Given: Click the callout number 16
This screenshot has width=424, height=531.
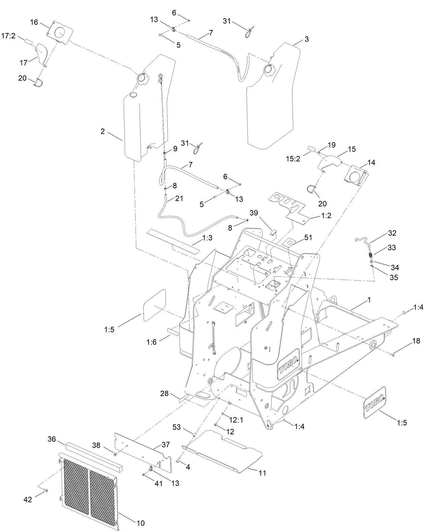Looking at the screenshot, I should coord(34,22).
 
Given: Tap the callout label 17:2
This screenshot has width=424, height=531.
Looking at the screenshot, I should coord(8,36).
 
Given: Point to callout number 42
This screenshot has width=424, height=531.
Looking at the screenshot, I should coord(28,499).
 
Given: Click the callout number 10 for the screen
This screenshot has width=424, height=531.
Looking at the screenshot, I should coord(141,523).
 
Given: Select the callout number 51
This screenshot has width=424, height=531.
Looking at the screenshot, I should coord(308,238).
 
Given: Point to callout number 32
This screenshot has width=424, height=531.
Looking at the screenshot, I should coord(392,233).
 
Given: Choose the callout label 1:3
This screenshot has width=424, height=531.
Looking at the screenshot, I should coord(208,238).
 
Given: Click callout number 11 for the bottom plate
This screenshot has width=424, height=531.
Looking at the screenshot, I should coord(262,473).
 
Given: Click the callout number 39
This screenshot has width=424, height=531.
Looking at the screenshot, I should coord(253,213).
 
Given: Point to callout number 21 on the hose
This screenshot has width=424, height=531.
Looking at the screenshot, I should coord(179,198).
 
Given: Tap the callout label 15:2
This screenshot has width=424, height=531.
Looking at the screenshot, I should coord(293,158).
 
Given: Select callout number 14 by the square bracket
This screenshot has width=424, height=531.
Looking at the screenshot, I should coord(371,162).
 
